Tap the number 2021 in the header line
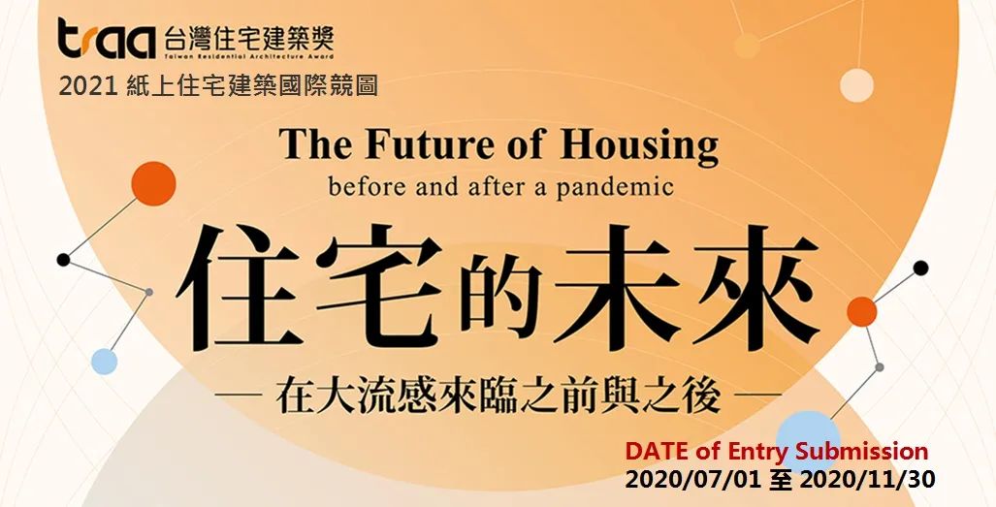(87, 85)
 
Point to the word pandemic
(615, 187)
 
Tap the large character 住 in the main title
(237, 289)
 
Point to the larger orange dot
(154, 183)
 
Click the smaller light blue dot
(104, 362)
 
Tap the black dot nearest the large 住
(63, 260)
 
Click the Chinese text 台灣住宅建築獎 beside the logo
(248, 40)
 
